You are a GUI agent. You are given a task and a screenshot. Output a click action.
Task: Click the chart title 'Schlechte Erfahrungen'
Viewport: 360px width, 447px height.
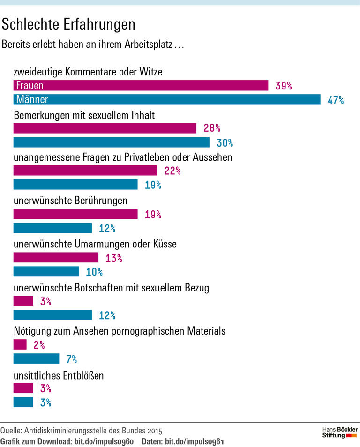[x=69, y=24]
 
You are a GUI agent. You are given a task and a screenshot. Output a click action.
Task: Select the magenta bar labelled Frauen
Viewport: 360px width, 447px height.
[x=141, y=85]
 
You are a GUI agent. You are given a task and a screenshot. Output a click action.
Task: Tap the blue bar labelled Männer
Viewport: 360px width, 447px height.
[x=166, y=99]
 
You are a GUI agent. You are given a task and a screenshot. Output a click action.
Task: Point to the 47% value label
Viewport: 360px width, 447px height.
[x=336, y=100]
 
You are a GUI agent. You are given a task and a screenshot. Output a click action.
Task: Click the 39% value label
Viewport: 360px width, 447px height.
[x=284, y=86]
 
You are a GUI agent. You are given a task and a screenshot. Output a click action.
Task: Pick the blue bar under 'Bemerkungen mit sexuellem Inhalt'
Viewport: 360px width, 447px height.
[x=112, y=142]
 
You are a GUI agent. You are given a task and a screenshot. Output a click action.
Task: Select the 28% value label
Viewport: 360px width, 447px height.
[x=212, y=128]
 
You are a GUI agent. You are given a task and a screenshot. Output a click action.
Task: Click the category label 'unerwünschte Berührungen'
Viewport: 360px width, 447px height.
[x=71, y=201]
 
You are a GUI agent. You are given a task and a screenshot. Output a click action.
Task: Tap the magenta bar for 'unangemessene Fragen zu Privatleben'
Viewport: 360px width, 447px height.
[x=85, y=171]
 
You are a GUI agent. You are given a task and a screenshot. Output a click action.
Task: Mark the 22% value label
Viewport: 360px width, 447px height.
[x=172, y=171]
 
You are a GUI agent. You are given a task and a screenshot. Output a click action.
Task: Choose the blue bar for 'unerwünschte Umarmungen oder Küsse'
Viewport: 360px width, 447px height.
[x=46, y=272]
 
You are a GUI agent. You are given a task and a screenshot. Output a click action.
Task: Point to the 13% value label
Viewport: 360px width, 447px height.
[x=113, y=258]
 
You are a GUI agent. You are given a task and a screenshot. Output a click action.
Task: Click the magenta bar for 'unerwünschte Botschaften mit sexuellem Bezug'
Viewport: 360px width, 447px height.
[x=23, y=301]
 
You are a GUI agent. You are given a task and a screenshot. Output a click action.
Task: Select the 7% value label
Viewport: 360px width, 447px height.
[x=71, y=359]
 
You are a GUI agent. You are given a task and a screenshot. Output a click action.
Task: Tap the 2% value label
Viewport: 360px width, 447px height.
[x=39, y=345]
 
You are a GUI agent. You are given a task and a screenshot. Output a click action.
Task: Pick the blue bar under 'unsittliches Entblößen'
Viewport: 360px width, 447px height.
[x=23, y=402]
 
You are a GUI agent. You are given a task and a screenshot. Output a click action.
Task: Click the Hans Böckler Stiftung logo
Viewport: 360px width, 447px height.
[x=340, y=432]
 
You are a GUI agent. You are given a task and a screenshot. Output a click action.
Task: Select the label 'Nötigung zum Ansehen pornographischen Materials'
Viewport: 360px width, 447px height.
[x=120, y=331]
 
